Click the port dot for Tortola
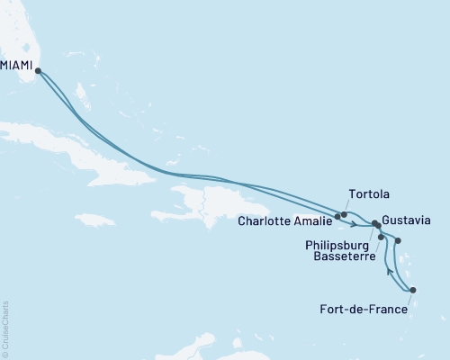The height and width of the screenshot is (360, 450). point(345,214)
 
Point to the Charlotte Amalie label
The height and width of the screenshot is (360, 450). point(285,219)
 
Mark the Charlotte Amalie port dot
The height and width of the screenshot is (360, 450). point(337,216)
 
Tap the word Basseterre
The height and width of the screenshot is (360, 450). point(341,254)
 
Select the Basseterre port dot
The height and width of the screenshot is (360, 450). point(382,238)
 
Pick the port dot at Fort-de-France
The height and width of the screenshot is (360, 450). point(413,290)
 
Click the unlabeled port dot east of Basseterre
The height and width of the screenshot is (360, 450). point(399,240)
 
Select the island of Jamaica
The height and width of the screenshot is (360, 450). point(94,220)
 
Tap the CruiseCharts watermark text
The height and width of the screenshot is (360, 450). point(4,329)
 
